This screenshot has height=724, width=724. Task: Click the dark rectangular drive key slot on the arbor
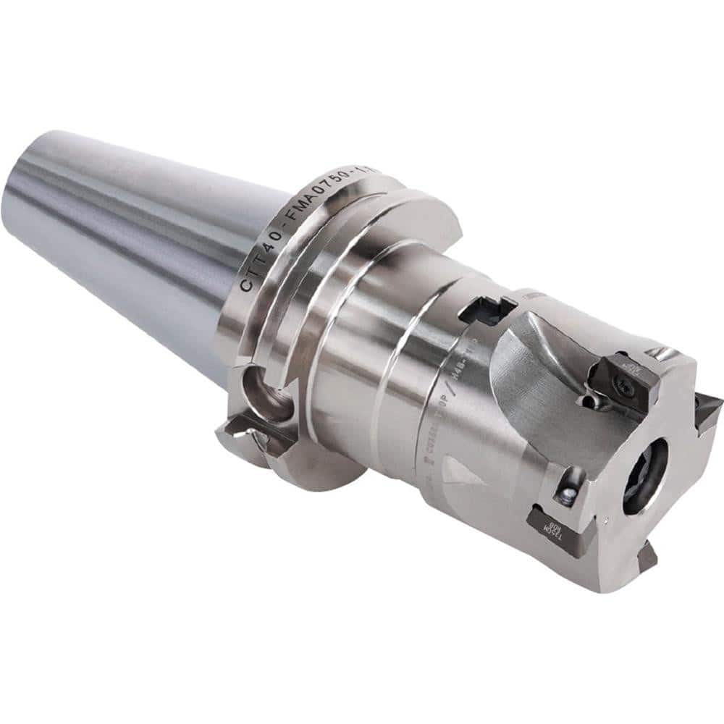pos(486,310)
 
